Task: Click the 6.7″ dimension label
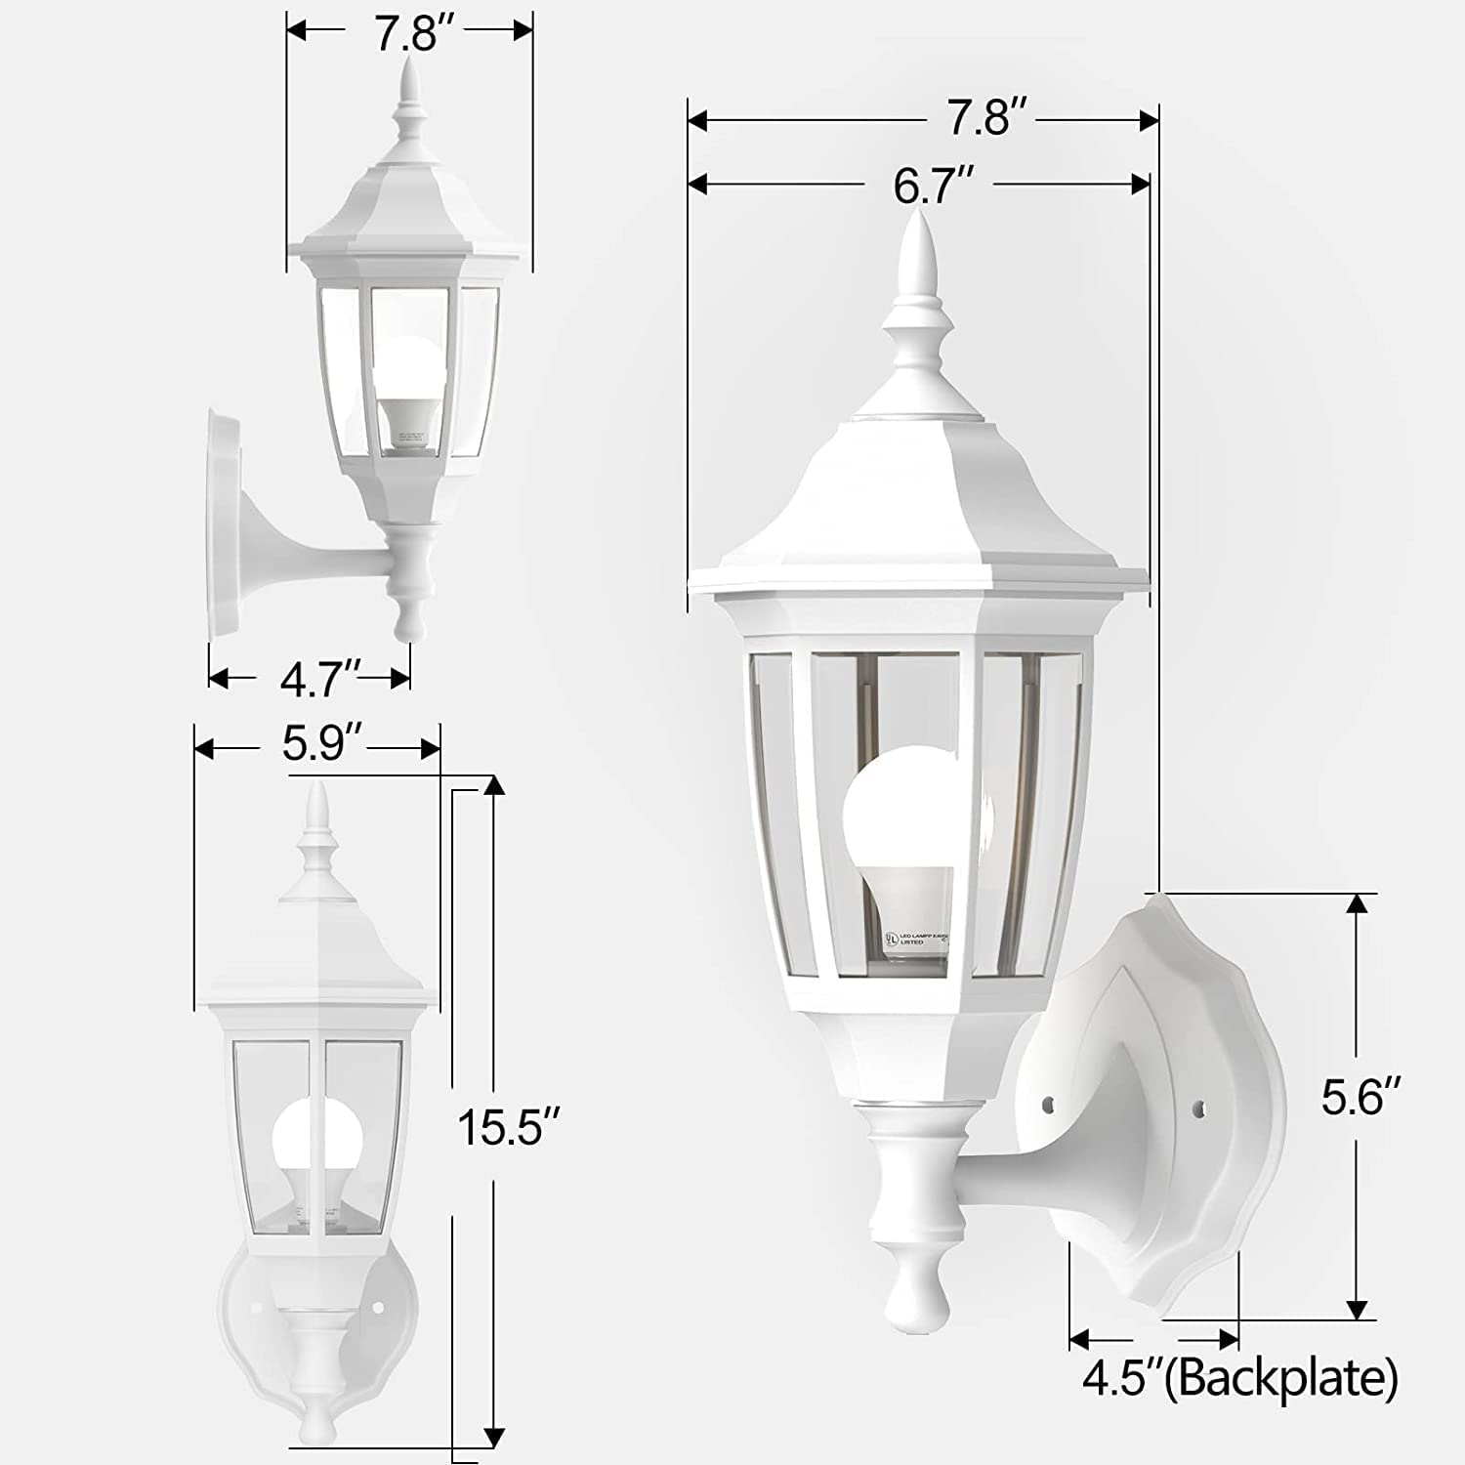pos(933,185)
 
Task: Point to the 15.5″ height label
pos(509,1129)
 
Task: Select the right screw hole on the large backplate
pos(1199,1109)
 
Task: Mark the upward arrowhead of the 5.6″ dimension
pos(1356,904)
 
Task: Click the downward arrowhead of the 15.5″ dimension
pos(494,1436)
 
